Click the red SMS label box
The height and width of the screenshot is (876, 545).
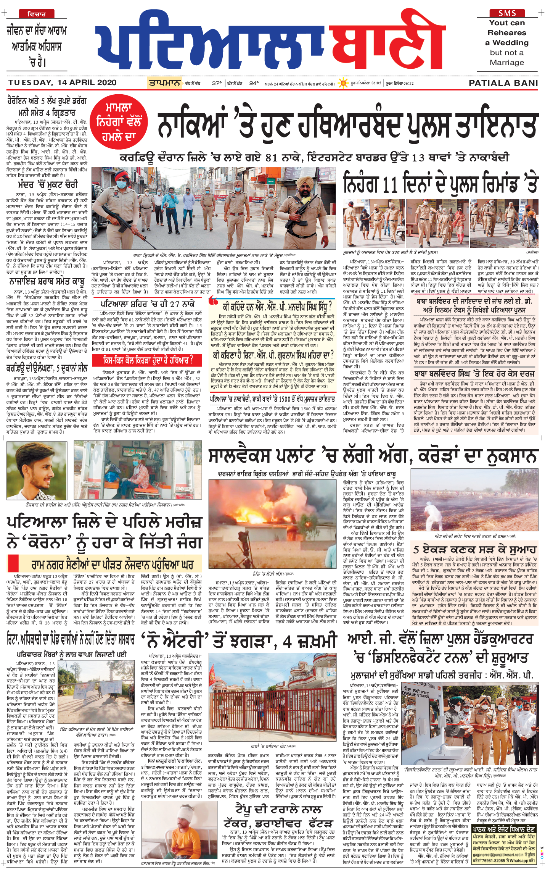[x=507, y=13]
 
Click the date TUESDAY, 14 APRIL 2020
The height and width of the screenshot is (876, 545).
[x=63, y=82]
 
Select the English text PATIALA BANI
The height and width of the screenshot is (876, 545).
[x=503, y=83]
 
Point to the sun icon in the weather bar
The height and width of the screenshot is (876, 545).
[x=343, y=83]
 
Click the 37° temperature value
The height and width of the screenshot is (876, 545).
[x=217, y=83]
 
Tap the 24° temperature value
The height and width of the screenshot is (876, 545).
[x=254, y=83]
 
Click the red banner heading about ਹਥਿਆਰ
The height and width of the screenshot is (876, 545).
[x=148, y=360]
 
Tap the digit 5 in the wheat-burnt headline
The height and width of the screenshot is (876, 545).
[x=416, y=550]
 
